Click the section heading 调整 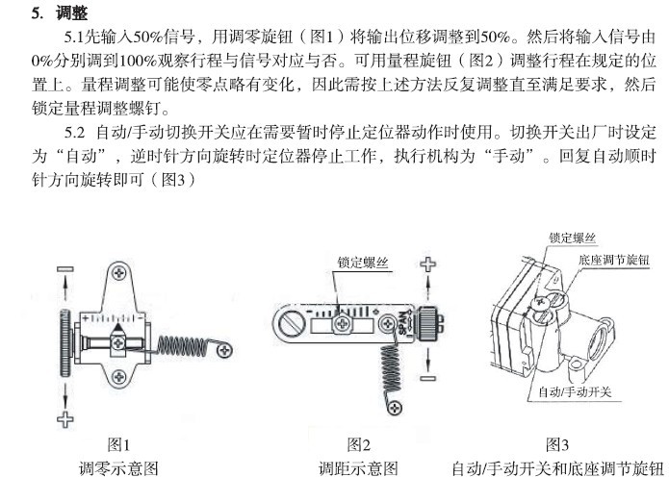(x=71, y=13)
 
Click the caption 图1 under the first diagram (x=118, y=445)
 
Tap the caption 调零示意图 (x=118, y=468)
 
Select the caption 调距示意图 (x=358, y=468)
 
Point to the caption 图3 (x=557, y=445)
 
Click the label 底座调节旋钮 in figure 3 (x=613, y=260)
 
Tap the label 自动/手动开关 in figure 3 (x=575, y=391)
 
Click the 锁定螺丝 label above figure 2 (x=363, y=263)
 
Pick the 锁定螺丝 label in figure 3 (x=572, y=238)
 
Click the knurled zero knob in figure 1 (x=65, y=342)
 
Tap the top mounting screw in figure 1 (x=119, y=273)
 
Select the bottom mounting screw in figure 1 (x=119, y=377)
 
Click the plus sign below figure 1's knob (x=65, y=419)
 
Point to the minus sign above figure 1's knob (x=65, y=269)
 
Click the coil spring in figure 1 (x=183, y=345)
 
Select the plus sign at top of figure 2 (x=428, y=264)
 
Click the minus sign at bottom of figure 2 (x=428, y=378)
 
